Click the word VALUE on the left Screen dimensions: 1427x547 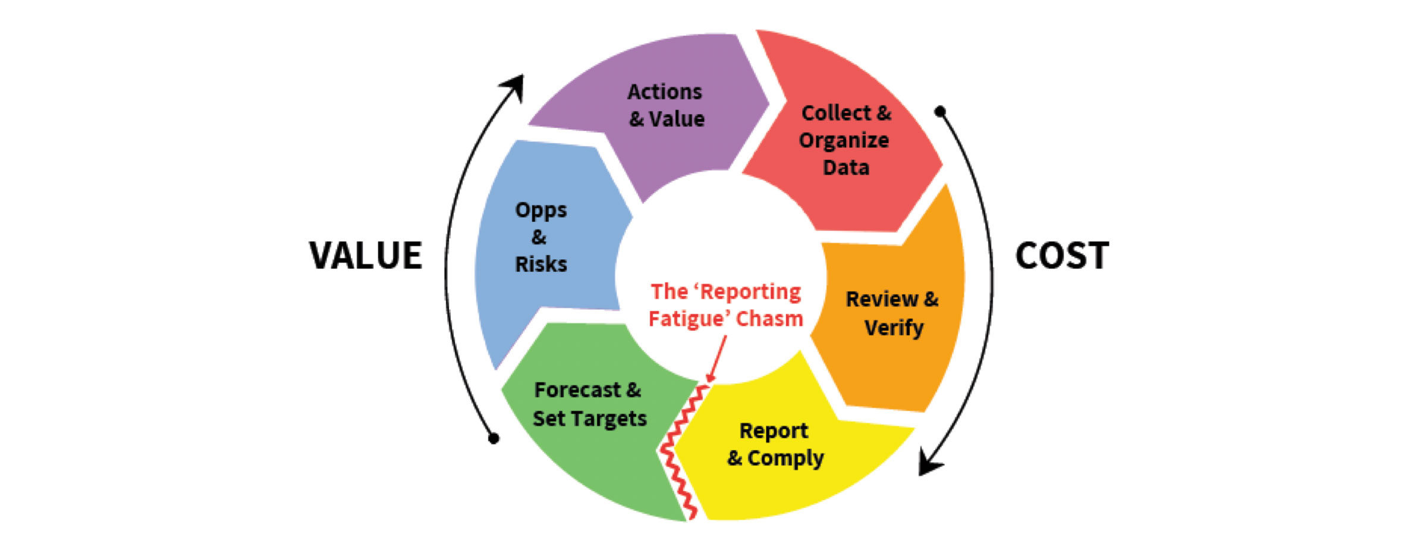pos(366,256)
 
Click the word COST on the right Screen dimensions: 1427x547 pos(1062,256)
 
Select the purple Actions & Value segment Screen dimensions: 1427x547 pos(660,113)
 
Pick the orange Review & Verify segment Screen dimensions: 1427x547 pos(892,315)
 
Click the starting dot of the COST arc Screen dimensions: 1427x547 pos(940,111)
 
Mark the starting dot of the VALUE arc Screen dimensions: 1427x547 pos(494,439)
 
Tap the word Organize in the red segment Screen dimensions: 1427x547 pos(844,141)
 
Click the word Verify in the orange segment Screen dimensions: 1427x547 pos(894,328)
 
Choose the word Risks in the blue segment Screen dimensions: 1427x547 pos(541,264)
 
